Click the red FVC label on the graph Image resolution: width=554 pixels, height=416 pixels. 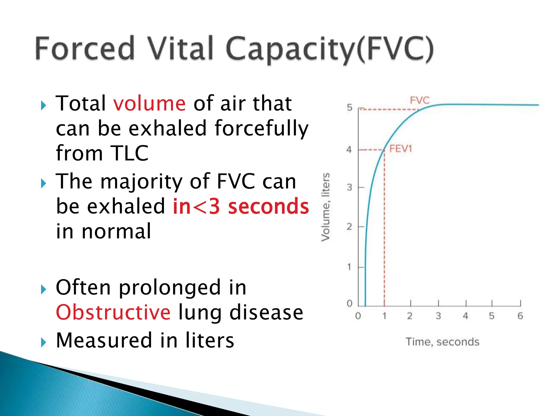tap(420, 100)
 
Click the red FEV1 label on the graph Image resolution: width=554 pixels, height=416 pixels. tap(401, 149)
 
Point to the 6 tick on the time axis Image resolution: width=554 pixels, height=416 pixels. tap(520, 316)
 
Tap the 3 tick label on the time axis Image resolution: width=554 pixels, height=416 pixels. tap(438, 316)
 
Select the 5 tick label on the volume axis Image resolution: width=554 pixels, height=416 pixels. tap(350, 108)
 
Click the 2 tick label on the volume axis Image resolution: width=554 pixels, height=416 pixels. tap(349, 227)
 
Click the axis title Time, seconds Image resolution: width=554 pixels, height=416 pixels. tap(442, 342)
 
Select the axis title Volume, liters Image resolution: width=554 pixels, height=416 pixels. tap(325, 207)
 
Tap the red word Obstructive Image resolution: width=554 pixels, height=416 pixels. tap(113, 312)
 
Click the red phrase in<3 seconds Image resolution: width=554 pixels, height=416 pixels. tap(241, 206)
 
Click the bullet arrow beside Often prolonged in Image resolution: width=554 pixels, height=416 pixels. tap(44, 290)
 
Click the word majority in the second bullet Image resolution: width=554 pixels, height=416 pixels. tap(141, 181)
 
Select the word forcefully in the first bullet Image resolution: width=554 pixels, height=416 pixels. tap(261, 128)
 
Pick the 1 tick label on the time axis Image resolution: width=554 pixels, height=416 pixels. tap(384, 316)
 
